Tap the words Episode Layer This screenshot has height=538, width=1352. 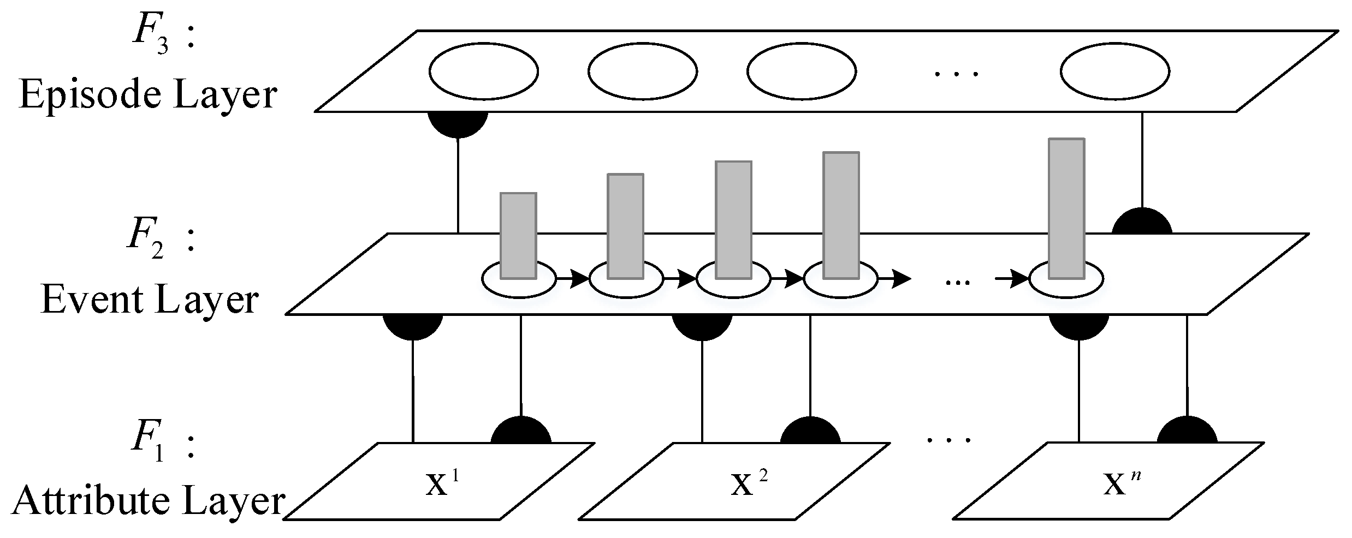pos(148,95)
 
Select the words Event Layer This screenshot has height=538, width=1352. pos(149,300)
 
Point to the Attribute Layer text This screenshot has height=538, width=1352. pos(148,501)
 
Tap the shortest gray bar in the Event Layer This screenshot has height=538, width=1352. pos(518,235)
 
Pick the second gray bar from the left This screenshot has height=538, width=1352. pos(626,226)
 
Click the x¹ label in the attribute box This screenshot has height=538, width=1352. pos(442,483)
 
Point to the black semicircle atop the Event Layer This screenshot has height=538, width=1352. pos(1142,223)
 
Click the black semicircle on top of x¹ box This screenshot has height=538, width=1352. pos(521,432)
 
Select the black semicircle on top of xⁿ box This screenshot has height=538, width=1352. pos(1187,432)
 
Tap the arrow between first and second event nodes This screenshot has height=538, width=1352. pos(572,280)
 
